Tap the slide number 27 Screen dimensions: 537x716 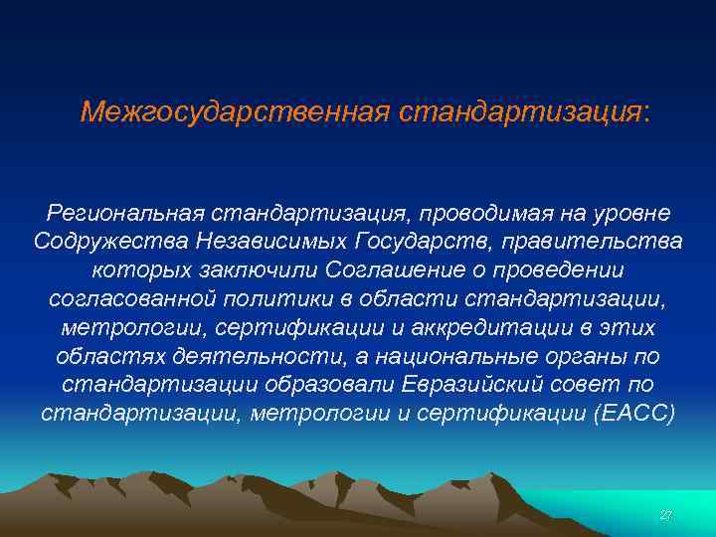tap(665, 515)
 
